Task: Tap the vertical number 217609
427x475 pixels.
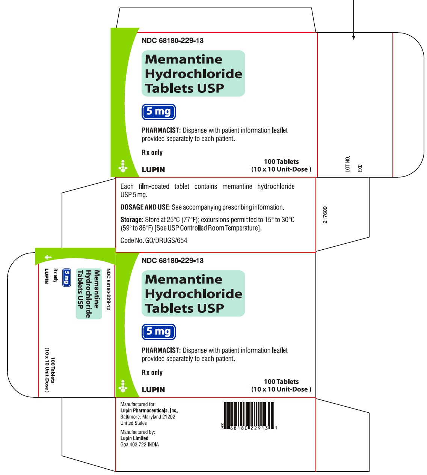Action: point(325,215)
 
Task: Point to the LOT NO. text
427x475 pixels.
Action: point(347,164)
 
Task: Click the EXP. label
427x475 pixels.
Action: point(360,168)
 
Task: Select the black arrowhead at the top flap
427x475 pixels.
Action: point(353,37)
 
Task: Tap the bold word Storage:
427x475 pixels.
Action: point(131,220)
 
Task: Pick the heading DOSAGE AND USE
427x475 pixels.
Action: point(145,207)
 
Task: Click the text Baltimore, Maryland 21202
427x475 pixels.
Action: point(148,417)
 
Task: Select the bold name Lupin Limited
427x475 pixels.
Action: point(134,438)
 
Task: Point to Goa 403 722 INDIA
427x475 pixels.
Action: point(139,445)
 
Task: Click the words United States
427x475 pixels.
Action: point(133,423)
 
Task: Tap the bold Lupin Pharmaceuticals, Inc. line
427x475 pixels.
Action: point(149,411)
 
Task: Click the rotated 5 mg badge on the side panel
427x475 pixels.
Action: point(67,278)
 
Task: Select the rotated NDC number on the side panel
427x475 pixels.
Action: point(109,289)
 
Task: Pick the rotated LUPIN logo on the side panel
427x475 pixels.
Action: point(47,276)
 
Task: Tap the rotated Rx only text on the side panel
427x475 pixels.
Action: point(56,275)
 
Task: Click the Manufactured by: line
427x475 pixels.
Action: point(137,432)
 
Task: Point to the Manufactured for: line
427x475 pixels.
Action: point(138,404)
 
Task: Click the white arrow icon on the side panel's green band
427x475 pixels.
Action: point(48,257)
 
